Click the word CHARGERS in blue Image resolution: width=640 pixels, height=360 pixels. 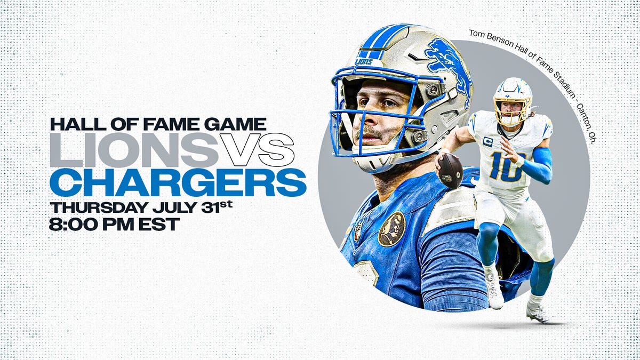pos(178,182)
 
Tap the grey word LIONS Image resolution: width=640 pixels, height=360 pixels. pos(134,149)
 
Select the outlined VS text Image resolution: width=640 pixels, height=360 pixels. pos(257,149)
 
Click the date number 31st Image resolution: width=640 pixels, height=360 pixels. pos(217,206)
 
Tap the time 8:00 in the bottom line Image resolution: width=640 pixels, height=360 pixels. pos(74,225)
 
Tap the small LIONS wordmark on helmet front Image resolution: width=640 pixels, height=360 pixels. pos(364,62)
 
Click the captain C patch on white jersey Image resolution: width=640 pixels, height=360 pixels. pos(487,142)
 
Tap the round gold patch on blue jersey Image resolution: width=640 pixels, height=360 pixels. pos(391,229)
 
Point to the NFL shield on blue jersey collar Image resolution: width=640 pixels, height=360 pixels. pos(357,231)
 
